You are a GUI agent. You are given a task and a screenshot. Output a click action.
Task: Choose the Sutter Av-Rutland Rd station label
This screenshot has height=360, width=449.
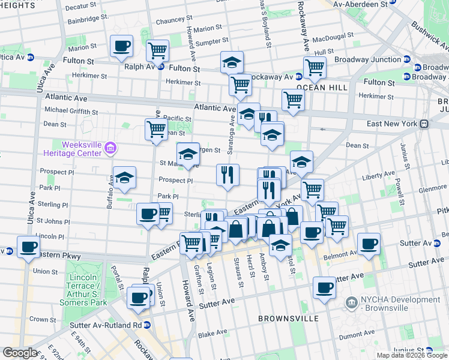[x=105, y=325]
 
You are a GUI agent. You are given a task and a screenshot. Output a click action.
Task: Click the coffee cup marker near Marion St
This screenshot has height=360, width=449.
[x=122, y=46]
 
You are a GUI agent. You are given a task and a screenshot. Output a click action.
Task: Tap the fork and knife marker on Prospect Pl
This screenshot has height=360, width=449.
[x=228, y=175]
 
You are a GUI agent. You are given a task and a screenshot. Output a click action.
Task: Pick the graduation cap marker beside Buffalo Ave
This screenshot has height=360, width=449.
[x=124, y=178]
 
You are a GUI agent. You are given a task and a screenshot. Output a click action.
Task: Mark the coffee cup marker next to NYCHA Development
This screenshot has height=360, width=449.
[x=325, y=287]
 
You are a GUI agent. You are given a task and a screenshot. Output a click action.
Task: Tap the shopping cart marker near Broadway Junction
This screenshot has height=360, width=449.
[x=315, y=68]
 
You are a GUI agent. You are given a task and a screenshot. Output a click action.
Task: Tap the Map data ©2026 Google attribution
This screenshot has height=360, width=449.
[x=411, y=355]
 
